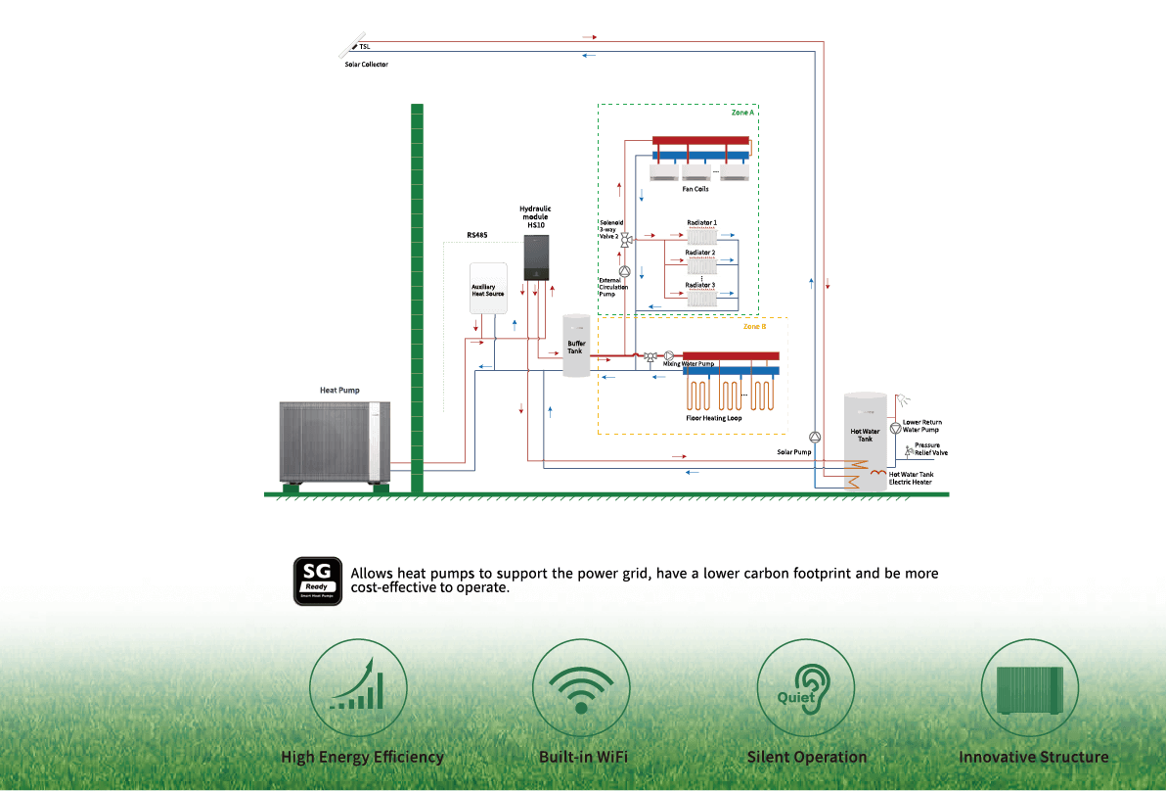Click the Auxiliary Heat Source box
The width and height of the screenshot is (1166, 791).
pos(488,287)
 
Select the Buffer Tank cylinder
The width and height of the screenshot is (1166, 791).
pos(576,346)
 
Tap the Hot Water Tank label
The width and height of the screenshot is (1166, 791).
pos(866,435)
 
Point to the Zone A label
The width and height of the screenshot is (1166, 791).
pos(742,113)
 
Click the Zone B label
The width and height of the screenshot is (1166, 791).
pos(754,326)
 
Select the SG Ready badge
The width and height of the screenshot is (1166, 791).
pos(318,581)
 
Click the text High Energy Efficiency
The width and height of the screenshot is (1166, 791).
pos(362,757)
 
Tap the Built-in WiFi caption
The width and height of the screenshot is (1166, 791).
pos(583,757)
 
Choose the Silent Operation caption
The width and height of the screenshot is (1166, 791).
pos(807,757)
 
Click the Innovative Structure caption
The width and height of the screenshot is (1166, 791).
pos(1034,757)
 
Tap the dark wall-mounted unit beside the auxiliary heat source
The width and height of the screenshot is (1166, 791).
pos(537,256)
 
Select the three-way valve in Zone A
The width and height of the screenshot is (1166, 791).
pos(625,238)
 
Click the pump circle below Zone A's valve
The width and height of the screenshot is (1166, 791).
pos(625,270)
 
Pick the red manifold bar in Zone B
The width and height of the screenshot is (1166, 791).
pos(731,355)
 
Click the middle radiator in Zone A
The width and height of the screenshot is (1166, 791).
pos(700,265)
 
